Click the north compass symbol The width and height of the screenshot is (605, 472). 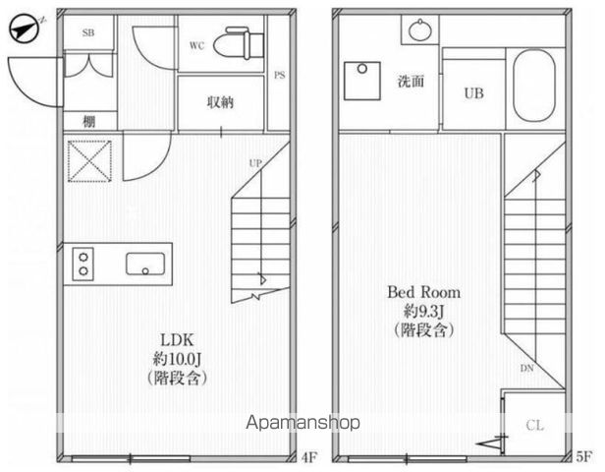pos(26,29)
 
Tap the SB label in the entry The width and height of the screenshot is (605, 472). pos(88,33)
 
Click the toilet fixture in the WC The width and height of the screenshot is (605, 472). pos(239,42)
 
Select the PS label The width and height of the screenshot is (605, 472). pos(279,75)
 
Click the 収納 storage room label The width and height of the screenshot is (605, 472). pos(220,102)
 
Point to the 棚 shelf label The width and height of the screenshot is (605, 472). pos(88,122)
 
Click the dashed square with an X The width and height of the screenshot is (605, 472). pos(90,161)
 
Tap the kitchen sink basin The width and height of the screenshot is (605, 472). pos(145,264)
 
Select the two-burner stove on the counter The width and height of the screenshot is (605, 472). pos(83,264)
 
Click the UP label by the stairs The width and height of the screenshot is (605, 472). pos(255,163)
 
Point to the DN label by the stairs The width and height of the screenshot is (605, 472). pos(527,368)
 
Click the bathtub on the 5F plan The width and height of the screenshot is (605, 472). pos(534,86)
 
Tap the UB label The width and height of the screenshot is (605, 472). pos(474,93)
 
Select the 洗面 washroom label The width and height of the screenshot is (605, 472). pos(411,82)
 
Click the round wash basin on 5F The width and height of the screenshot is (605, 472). pos(420,29)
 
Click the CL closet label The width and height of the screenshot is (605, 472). pos(534,426)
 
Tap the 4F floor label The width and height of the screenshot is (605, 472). pos(308,457)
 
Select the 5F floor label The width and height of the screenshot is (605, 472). pos(583,457)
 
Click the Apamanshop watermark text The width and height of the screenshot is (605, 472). pos(303,423)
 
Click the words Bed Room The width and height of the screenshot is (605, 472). pos(423,292)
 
